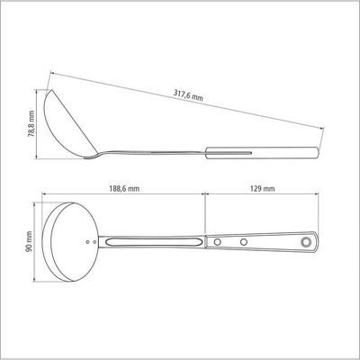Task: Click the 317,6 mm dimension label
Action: tap(188, 94)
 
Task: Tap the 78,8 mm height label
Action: tap(31, 124)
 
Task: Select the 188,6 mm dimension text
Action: tap(123, 189)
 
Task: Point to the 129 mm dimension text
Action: tap(262, 189)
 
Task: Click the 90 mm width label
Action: tap(29, 241)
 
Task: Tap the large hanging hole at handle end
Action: tap(306, 241)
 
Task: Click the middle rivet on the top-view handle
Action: tap(244, 241)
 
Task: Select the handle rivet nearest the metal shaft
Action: tap(217, 241)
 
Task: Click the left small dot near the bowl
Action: tap(87, 241)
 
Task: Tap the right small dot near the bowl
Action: tap(94, 241)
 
